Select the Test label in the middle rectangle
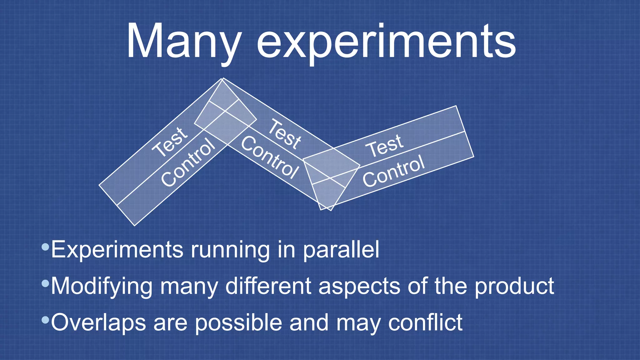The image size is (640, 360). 285,133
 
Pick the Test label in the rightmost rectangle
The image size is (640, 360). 385,145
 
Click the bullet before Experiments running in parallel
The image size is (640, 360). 45,247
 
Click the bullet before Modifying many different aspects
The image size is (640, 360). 45,284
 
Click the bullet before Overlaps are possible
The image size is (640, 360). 45,320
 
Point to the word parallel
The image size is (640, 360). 341,250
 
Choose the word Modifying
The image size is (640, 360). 102,286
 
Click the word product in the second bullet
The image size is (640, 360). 514,286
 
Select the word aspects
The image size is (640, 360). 359,286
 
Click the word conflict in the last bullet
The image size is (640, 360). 425,322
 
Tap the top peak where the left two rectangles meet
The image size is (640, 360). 222,79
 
